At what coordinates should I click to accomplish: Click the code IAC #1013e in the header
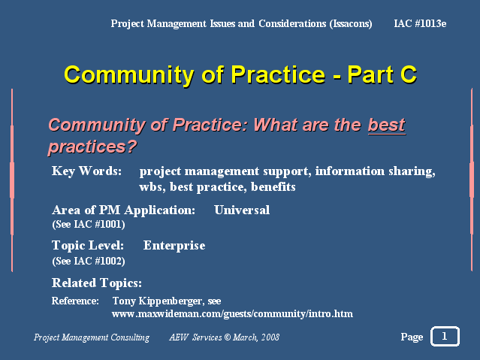point(420,23)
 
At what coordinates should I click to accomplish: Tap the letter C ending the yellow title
point(409,74)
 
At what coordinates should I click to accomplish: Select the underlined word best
point(387,125)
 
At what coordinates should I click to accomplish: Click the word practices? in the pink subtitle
point(92,147)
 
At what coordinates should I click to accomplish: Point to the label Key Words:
point(86,171)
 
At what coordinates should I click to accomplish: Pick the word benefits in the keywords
point(273,187)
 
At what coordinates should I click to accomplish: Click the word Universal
point(242,210)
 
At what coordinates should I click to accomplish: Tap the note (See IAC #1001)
point(89,225)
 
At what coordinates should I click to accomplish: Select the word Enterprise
point(174,246)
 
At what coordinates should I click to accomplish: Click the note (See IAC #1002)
point(89,262)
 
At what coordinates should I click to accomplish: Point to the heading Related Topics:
point(97,283)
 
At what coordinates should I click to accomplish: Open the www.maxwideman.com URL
point(232,314)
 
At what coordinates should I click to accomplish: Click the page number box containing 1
point(445,337)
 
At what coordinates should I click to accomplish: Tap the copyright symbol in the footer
point(227,337)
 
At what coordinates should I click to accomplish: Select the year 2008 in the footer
point(270,337)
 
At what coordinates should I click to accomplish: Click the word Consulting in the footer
point(130,337)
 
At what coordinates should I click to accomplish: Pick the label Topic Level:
point(88,246)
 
